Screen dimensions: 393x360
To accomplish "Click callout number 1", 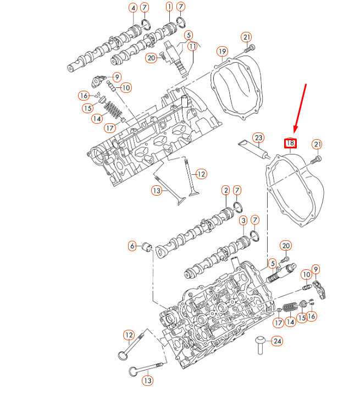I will tap(169, 7).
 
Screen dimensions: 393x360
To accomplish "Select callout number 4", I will tap(132, 8).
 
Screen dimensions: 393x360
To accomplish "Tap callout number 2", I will tap(225, 191).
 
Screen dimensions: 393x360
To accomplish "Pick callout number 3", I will tap(243, 220).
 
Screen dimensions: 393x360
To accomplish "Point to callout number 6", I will tap(132, 246).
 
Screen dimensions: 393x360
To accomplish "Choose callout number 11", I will tap(192, 47).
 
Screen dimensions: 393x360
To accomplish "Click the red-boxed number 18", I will tap(290, 143).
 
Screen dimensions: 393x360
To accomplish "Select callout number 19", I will tap(221, 52).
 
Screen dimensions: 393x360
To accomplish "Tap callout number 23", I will tap(258, 137).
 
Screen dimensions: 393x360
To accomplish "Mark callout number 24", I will tap(277, 341).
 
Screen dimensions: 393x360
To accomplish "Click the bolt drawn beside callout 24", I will tap(259, 345).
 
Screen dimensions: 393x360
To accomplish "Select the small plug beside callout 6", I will tap(146, 246).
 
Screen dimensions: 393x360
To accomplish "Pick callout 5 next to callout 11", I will tap(189, 35).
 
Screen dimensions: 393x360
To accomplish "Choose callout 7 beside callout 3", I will tap(254, 220).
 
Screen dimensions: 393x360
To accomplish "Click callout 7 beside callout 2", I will tap(237, 191).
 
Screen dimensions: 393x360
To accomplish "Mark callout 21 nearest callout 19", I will tap(247, 37).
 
